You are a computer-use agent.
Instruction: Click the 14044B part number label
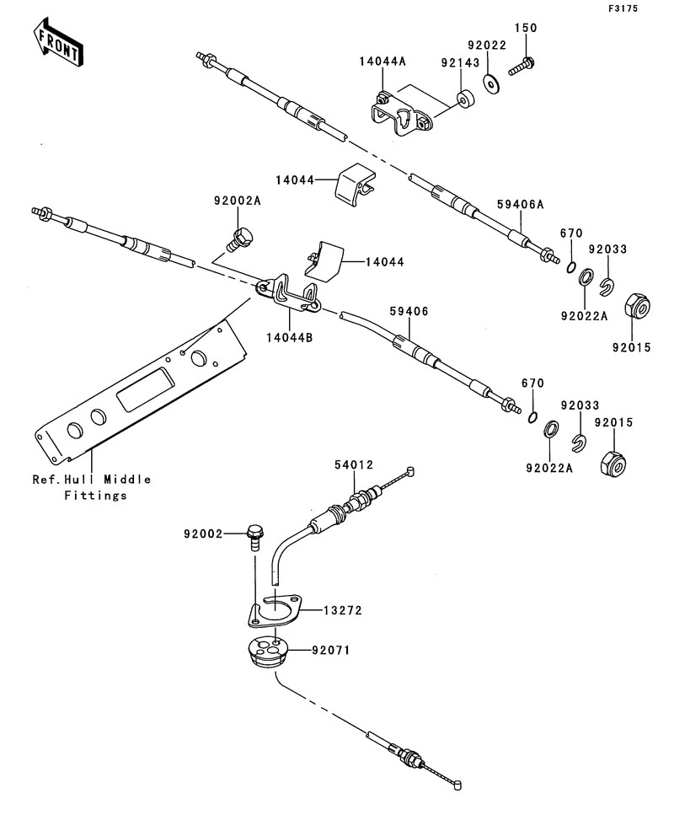[291, 338]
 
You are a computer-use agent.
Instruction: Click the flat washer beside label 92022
[491, 82]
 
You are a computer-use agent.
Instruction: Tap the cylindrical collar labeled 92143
[463, 99]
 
